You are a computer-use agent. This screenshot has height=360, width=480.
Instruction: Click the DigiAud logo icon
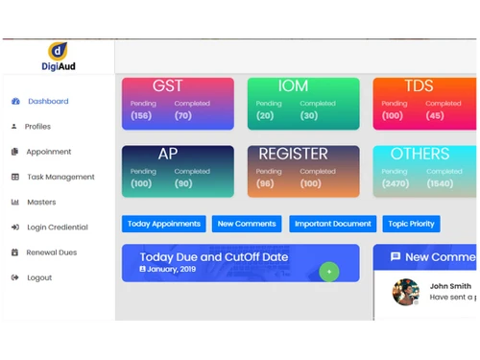[x=58, y=51]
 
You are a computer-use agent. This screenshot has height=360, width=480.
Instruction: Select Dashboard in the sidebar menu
[x=47, y=102]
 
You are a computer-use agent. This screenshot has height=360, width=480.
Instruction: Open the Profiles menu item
[x=37, y=127]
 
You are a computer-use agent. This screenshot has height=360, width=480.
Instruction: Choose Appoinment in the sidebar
[x=48, y=152]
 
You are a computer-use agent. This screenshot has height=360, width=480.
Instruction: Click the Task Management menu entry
[x=60, y=177]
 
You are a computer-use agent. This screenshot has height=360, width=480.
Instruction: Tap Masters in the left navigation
[x=41, y=203]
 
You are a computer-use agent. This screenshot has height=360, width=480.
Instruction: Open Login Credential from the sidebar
[x=57, y=228]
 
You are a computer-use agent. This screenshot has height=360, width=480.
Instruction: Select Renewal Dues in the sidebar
[x=51, y=252]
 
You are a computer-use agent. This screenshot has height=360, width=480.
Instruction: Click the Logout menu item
[x=39, y=277]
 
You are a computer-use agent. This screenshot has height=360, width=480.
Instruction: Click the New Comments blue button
[x=247, y=224]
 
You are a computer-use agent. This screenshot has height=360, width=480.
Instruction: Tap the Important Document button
[x=332, y=224]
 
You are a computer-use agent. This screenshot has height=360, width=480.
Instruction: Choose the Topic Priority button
[x=411, y=224]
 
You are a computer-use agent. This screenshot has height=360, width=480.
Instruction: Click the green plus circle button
[x=329, y=272]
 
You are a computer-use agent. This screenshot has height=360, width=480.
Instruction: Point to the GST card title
[x=168, y=86]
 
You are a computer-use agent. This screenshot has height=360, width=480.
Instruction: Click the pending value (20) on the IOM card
[x=265, y=116]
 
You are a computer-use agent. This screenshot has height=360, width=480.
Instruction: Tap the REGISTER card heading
[x=294, y=155]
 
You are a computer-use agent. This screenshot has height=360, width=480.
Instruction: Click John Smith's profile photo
[x=406, y=292]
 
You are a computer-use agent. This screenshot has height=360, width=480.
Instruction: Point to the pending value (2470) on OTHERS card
[x=395, y=183]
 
